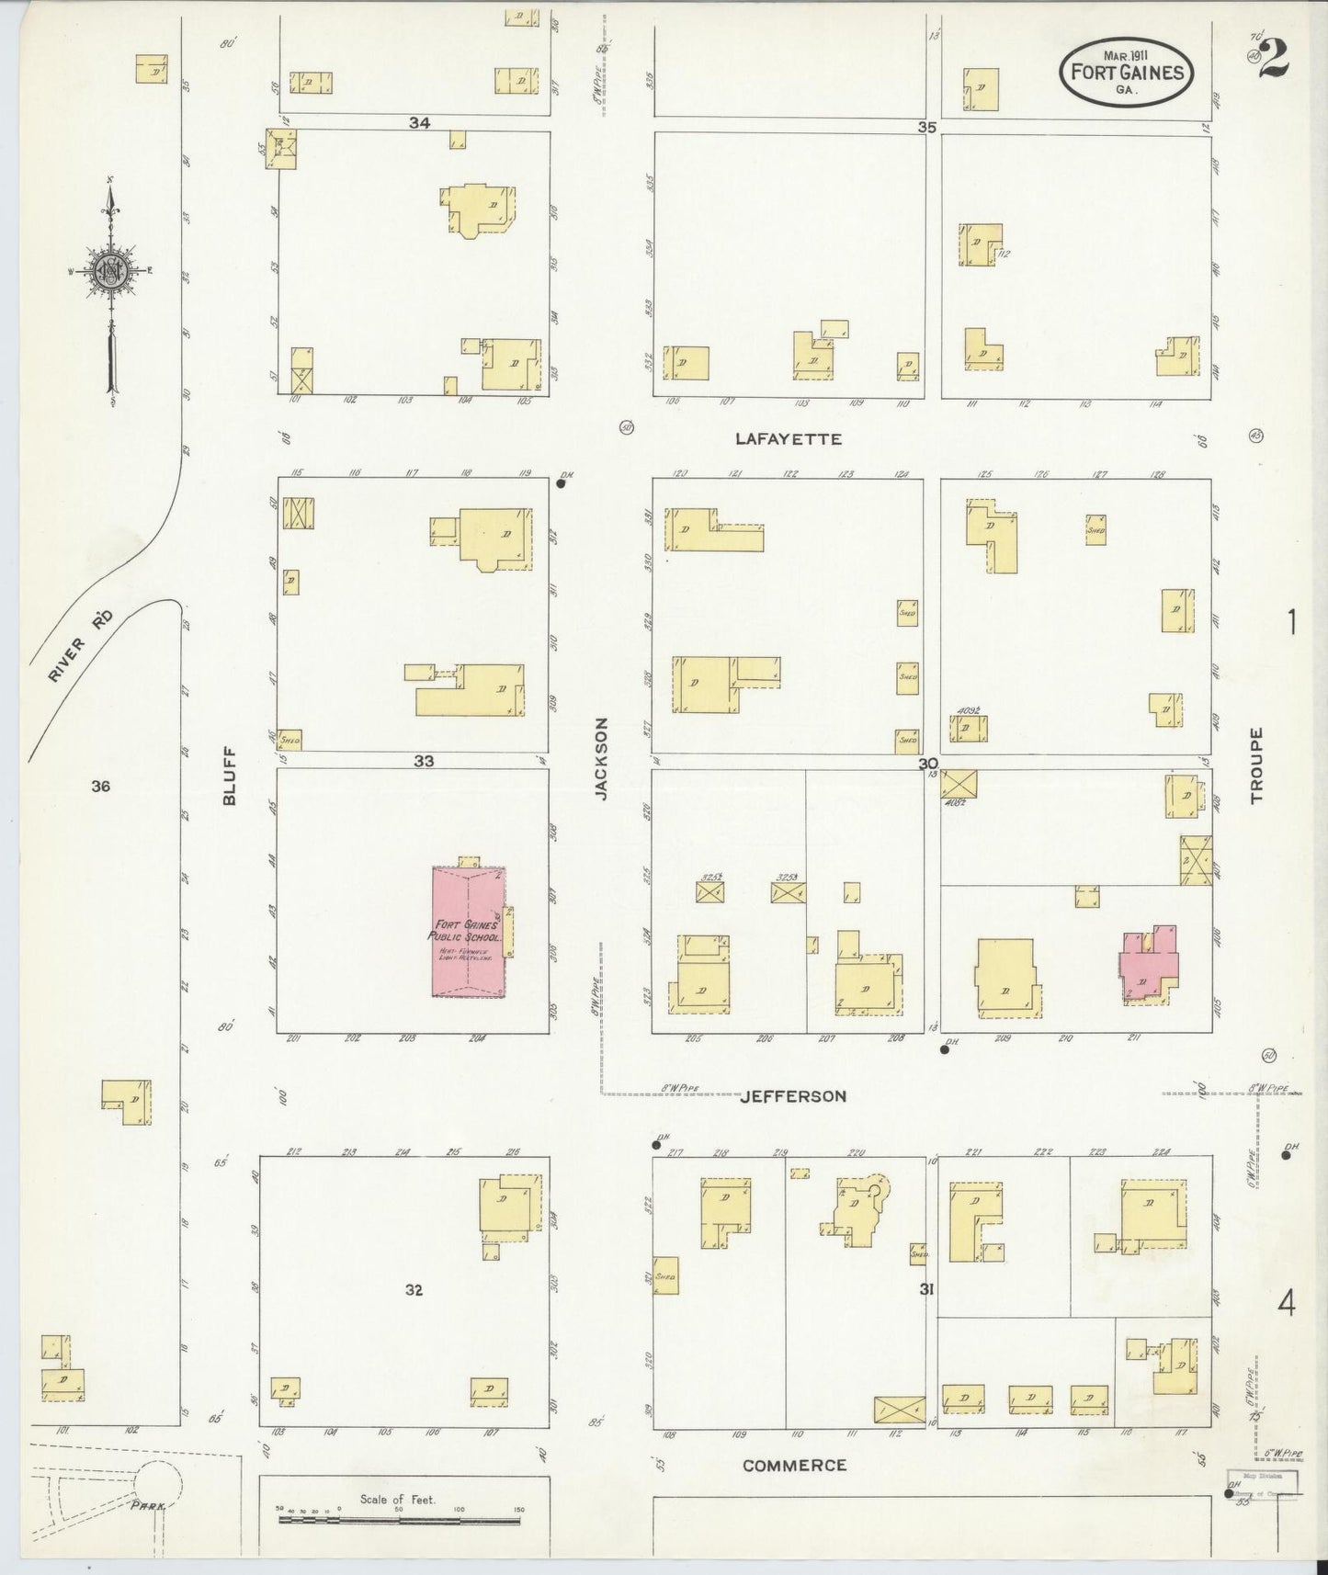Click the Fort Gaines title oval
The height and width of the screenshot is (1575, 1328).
pyautogui.click(x=1127, y=71)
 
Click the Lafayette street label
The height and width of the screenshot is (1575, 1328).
pyautogui.click(x=788, y=439)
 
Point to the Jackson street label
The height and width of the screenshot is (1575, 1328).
pyautogui.click(x=601, y=759)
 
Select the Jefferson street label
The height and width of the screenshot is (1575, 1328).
pyautogui.click(x=792, y=1095)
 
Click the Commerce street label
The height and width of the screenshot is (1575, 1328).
pyautogui.click(x=793, y=1466)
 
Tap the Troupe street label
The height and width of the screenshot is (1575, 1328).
pyautogui.click(x=1256, y=765)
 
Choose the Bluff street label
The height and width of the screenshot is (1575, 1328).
pyautogui.click(x=230, y=776)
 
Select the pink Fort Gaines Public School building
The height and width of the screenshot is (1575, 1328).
pyautogui.click(x=469, y=932)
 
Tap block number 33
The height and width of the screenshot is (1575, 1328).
pyautogui.click(x=423, y=761)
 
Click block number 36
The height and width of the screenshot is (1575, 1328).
pyautogui.click(x=100, y=786)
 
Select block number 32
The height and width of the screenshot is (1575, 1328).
pyautogui.click(x=414, y=1290)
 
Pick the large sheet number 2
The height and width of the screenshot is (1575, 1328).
pyautogui.click(x=1276, y=60)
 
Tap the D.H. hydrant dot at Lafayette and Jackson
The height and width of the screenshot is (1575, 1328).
pyautogui.click(x=560, y=483)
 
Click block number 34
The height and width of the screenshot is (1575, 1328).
pyautogui.click(x=420, y=122)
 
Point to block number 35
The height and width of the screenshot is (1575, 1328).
pyautogui.click(x=926, y=128)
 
